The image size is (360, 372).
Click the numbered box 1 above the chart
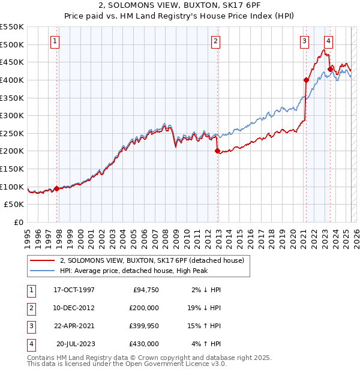click(55, 41)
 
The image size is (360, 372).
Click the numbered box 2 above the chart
click(215, 41)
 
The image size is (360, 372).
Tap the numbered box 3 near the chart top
click(305, 41)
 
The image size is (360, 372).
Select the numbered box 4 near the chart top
click(328, 41)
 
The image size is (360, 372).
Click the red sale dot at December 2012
click(217, 151)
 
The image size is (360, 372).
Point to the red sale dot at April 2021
click(306, 80)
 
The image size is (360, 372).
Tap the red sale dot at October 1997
click(57, 188)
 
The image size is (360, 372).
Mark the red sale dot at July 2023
click(330, 69)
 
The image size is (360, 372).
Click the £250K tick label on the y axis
click(12, 133)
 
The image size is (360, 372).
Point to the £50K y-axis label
click(14, 205)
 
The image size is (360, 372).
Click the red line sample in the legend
click(43, 261)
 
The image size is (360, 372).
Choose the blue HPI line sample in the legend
click(43, 271)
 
